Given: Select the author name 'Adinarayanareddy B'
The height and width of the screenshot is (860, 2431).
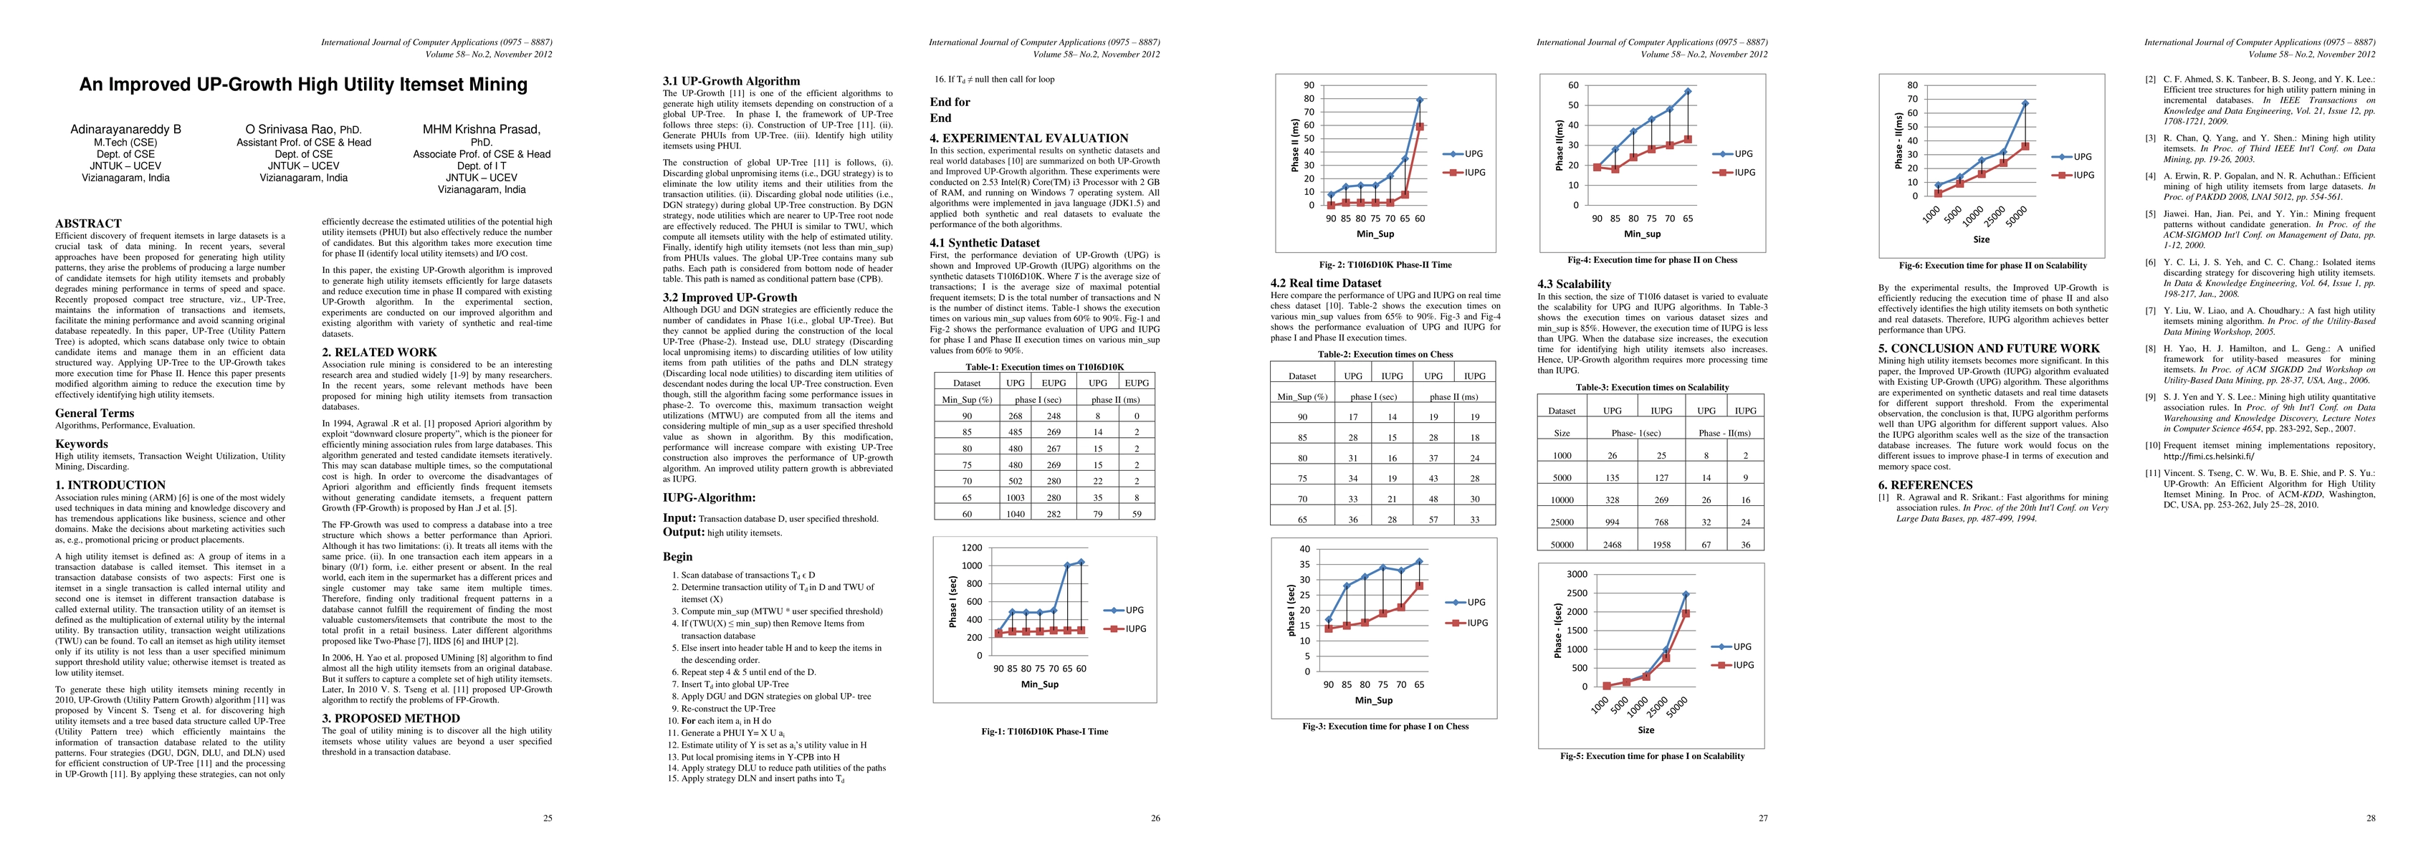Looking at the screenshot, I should [125, 129].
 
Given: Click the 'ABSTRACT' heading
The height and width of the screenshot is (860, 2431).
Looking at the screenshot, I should [87, 224].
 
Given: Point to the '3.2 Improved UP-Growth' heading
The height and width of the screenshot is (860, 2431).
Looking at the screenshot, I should [730, 297].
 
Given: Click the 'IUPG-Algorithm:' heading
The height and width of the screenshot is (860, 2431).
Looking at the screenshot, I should [709, 497].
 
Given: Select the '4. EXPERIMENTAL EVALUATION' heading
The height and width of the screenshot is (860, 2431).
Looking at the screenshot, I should [1028, 138].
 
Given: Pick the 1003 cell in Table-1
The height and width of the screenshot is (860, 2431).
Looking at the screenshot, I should [1016, 497].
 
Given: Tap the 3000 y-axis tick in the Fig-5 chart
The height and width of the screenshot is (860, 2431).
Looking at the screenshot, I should [1577, 574].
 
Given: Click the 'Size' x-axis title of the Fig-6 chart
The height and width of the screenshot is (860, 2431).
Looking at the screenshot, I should [1980, 240].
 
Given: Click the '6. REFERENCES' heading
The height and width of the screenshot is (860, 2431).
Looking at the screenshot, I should [1924, 485].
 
